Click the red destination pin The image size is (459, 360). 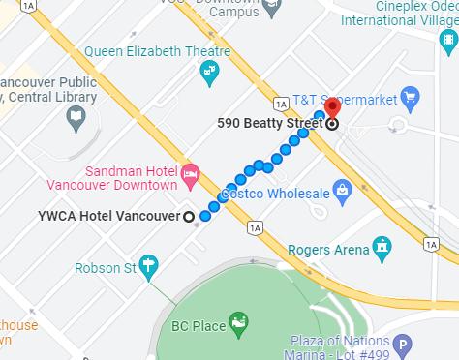[332, 108]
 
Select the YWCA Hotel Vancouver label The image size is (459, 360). [108, 216]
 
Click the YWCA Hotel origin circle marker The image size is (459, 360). [189, 216]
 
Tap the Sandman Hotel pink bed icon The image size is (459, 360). [190, 177]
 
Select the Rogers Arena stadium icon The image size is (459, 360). [384, 248]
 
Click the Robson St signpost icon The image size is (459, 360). [148, 264]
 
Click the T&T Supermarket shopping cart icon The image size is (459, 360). [410, 96]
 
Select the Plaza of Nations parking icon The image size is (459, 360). [402, 344]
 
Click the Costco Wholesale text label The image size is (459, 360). [275, 194]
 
